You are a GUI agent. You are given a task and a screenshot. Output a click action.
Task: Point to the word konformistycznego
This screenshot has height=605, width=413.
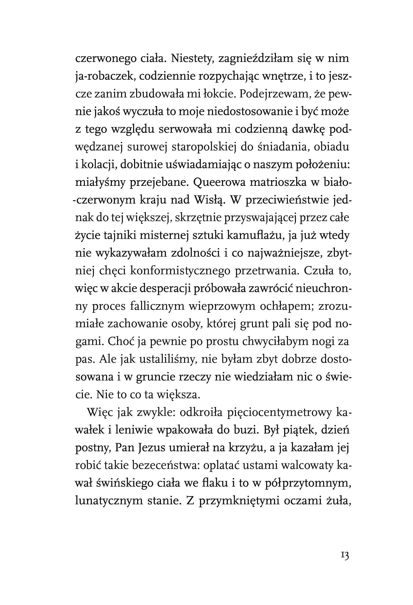coord(180,271)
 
